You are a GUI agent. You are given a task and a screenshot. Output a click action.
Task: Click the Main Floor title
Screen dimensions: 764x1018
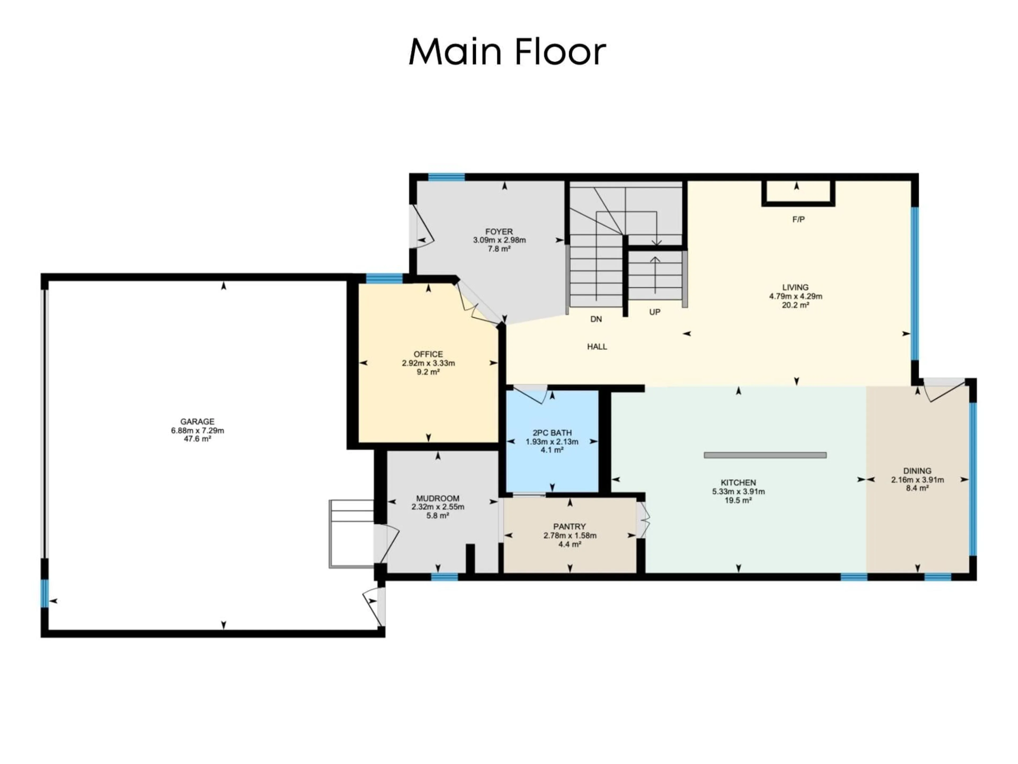pyautogui.click(x=507, y=51)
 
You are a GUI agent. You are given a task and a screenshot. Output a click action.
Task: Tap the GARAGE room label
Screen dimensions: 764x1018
pyautogui.click(x=198, y=421)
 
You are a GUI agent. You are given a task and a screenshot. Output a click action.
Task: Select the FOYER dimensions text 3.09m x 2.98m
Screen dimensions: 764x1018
pyautogui.click(x=499, y=240)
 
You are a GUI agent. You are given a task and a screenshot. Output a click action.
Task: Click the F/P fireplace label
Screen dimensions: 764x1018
pyautogui.click(x=798, y=220)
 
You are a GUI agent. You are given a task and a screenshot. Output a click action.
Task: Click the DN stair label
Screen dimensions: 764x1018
pyautogui.click(x=596, y=319)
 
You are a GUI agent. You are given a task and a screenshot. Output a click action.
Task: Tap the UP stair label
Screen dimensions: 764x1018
pyautogui.click(x=655, y=312)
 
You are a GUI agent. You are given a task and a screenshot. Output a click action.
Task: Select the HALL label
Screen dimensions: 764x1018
pyautogui.click(x=597, y=347)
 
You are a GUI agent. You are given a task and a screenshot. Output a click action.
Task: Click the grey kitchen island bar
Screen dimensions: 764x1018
pyautogui.click(x=765, y=455)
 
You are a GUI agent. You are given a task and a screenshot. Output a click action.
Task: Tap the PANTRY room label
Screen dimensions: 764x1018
pyautogui.click(x=570, y=526)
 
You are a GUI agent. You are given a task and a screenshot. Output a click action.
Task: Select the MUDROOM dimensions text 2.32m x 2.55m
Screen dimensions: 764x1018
pyautogui.click(x=438, y=507)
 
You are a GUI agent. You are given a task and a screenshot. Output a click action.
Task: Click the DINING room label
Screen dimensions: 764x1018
pyautogui.click(x=917, y=471)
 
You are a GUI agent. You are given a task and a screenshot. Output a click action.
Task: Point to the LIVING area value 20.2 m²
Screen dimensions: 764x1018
pyautogui.click(x=795, y=305)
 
